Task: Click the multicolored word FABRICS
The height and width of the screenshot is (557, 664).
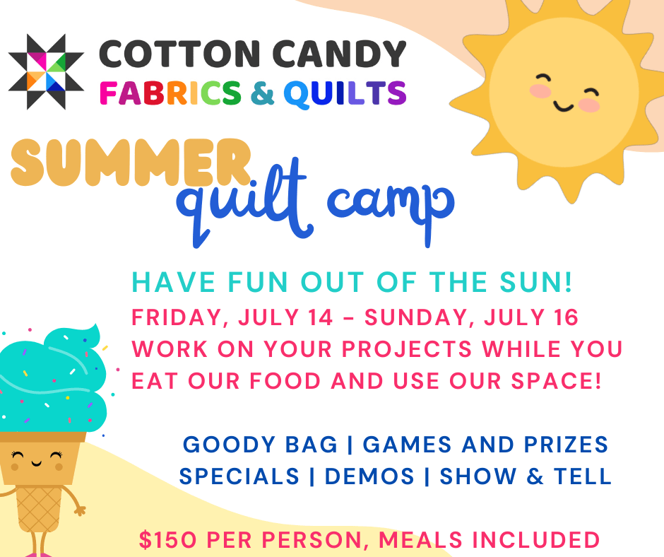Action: [169, 93]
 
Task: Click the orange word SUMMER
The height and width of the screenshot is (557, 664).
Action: [131, 162]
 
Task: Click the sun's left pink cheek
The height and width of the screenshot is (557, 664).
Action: [541, 91]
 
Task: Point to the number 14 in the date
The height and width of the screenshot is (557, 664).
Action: [318, 317]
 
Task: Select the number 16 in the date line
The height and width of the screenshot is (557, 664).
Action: [564, 317]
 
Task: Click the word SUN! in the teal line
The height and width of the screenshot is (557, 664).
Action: [540, 283]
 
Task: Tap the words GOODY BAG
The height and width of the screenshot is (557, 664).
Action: [260, 445]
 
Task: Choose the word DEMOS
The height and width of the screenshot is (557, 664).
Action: [369, 476]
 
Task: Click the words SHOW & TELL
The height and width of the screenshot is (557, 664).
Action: [526, 476]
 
